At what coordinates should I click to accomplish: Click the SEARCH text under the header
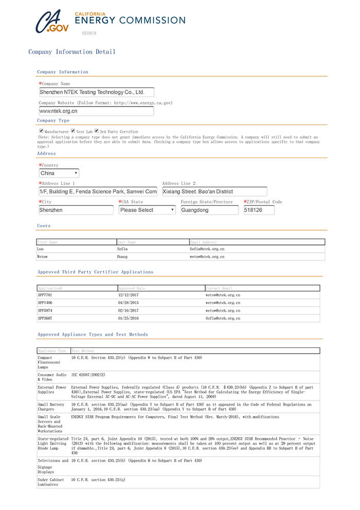click(88, 33)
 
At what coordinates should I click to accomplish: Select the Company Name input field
click(96, 93)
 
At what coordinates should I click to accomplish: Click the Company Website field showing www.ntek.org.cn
click(96, 111)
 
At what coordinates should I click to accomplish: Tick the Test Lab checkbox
click(73, 131)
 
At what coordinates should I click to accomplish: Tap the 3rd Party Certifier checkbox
click(97, 131)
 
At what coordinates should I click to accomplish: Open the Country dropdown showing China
click(59, 173)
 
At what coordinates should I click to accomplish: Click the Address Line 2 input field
click(214, 191)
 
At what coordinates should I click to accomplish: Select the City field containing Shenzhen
click(76, 210)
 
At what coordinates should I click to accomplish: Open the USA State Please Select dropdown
click(148, 210)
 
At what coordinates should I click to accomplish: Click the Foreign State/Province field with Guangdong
click(209, 210)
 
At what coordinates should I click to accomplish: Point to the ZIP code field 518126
click(259, 210)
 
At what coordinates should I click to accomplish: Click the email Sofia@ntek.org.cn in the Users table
click(207, 249)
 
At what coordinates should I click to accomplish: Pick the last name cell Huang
click(122, 256)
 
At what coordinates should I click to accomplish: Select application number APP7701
click(45, 295)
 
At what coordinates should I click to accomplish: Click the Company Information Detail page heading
click(72, 52)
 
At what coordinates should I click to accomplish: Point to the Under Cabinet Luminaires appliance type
click(51, 482)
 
